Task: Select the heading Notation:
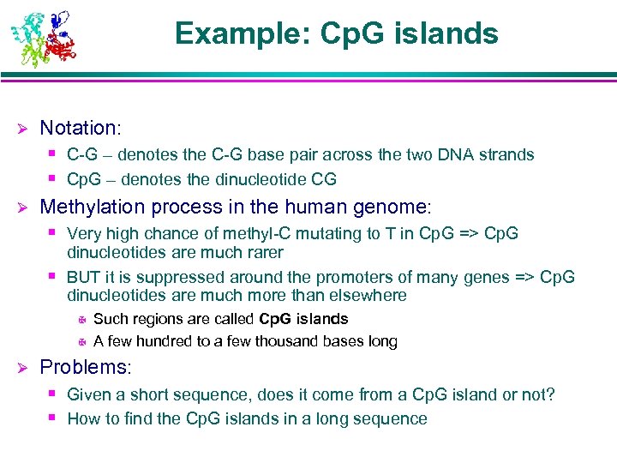81,129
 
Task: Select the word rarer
263,253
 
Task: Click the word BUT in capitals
84,278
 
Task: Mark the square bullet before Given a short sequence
53,394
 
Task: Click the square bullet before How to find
53,418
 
